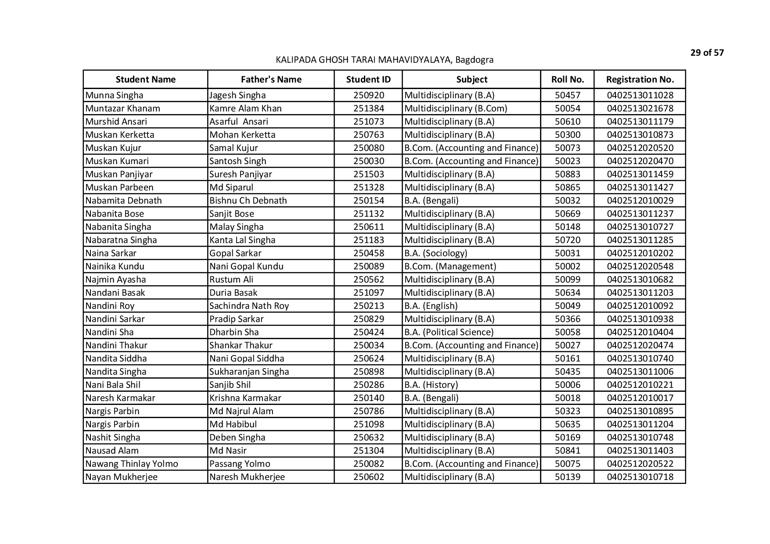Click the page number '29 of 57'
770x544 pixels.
point(707,53)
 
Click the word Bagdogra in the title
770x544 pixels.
point(474,60)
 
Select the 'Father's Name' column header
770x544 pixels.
point(271,79)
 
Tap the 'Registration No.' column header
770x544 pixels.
point(640,79)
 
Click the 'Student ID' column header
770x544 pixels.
point(368,79)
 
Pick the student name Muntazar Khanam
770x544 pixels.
point(122,108)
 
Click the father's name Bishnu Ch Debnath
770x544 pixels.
point(248,200)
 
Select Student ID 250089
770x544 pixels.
point(368,266)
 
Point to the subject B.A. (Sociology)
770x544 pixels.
point(435,253)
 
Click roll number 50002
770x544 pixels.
point(567,266)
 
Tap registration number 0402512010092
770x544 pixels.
point(640,306)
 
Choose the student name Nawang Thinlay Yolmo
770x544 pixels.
point(132,464)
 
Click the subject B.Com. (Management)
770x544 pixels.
point(450,266)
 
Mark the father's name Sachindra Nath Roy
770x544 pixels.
point(249,306)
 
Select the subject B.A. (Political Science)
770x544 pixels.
point(449,332)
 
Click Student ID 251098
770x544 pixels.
point(368,424)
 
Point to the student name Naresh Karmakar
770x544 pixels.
point(120,398)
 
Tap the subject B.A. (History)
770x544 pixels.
point(431,385)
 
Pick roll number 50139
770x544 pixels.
point(567,477)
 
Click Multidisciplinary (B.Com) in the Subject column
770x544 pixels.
point(455,108)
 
